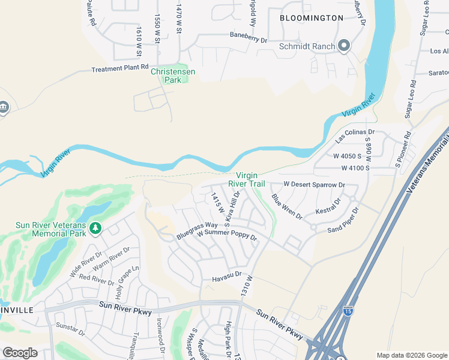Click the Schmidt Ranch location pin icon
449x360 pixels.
344,46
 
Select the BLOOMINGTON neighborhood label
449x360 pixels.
312,18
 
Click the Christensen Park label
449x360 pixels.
173,76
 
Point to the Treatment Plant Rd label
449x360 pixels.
119,68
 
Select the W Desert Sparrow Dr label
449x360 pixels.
314,184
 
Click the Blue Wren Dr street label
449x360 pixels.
287,206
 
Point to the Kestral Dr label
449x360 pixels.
328,206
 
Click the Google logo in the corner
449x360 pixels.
20,352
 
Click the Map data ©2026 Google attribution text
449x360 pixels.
411,355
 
